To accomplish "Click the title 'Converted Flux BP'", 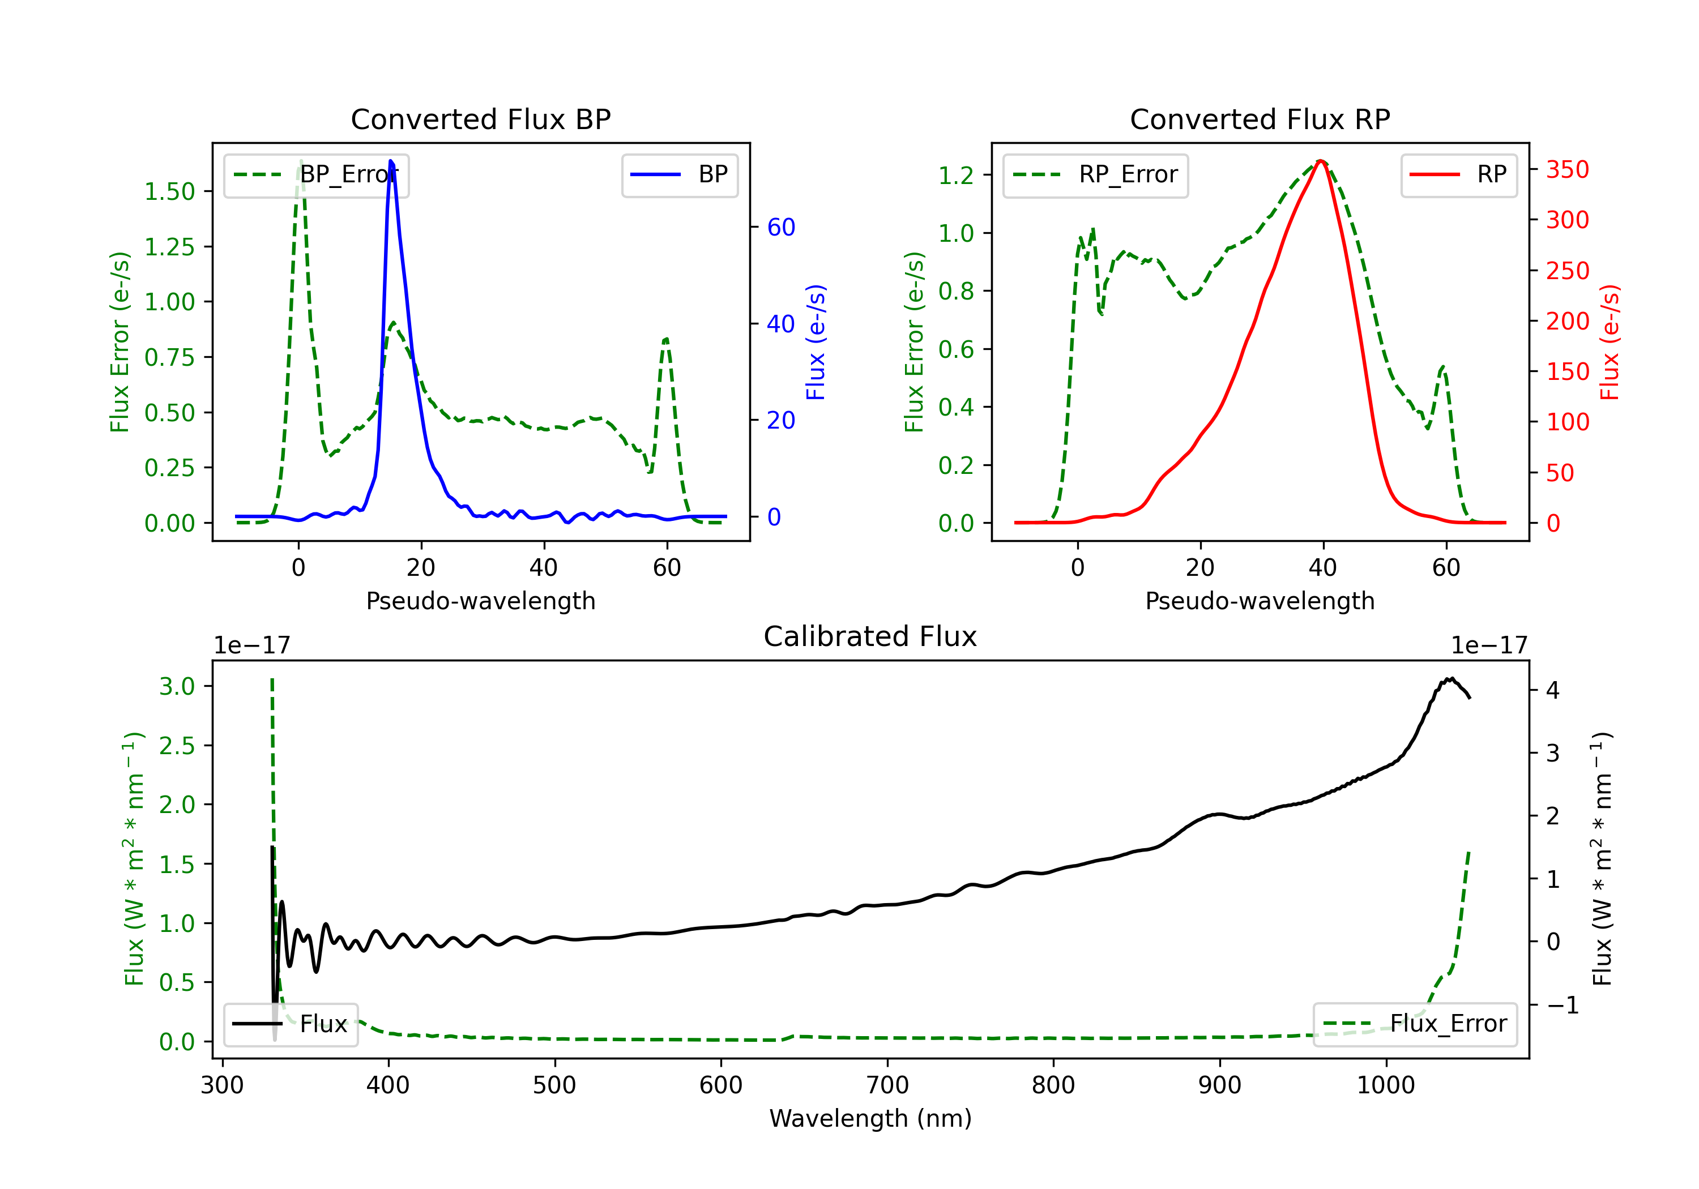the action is (481, 119).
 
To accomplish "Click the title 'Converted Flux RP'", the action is (1260, 119).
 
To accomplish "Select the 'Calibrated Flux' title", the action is (870, 636).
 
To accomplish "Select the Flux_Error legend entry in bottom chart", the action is (1415, 1024).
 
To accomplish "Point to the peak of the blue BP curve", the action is (391, 161).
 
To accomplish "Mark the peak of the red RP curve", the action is (1321, 161).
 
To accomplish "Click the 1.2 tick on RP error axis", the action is (956, 176).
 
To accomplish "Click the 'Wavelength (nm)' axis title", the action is (870, 1119).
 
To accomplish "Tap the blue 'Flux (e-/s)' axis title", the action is (816, 343).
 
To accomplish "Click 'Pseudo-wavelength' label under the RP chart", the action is (1260, 601).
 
